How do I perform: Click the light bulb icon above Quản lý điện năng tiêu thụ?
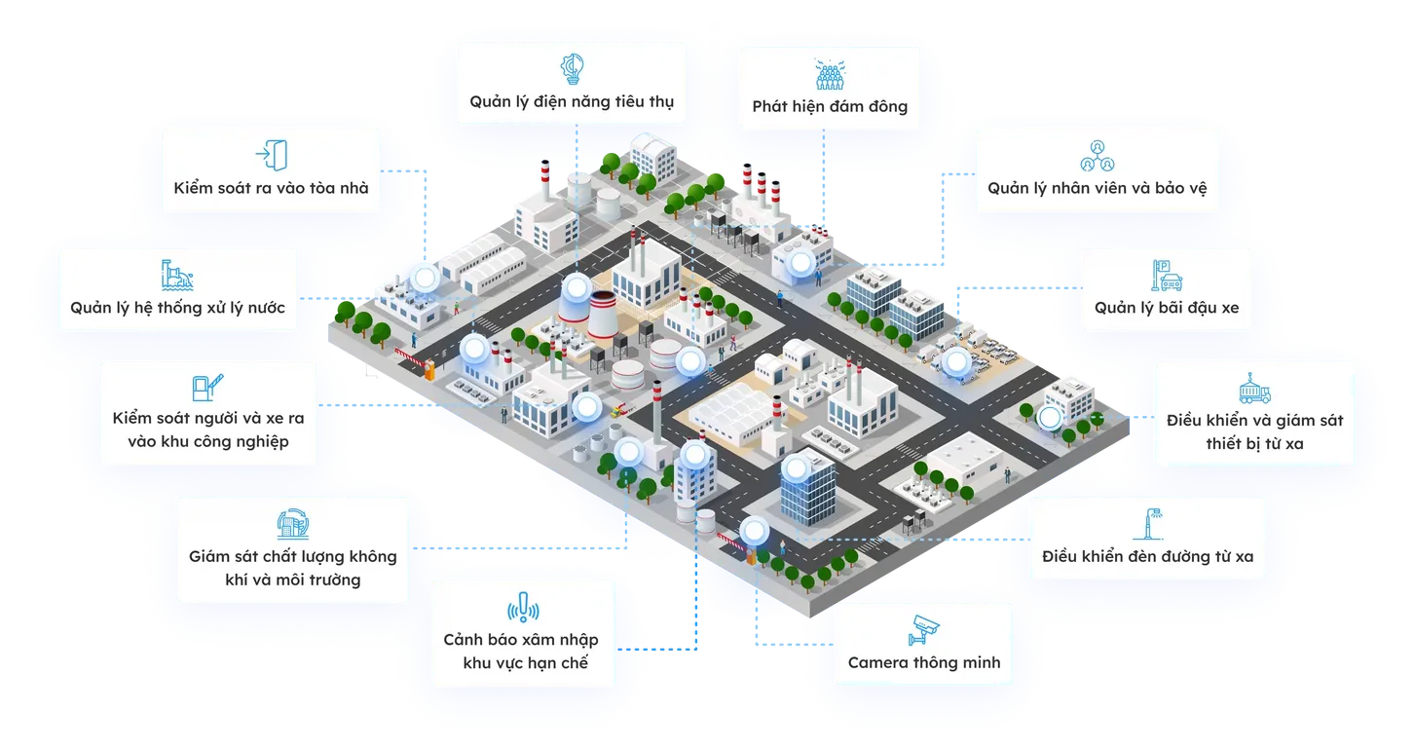[x=572, y=67]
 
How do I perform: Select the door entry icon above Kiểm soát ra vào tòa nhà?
[x=272, y=155]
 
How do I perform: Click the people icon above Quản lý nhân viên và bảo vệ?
[x=1097, y=154]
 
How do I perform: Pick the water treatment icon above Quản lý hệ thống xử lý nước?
[x=177, y=275]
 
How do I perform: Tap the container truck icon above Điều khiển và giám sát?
[x=1253, y=387]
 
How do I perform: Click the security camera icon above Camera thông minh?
[x=923, y=629]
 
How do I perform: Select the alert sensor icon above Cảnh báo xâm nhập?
[x=522, y=608]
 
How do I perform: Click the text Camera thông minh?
[x=923, y=663]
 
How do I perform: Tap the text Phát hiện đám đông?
[x=829, y=107]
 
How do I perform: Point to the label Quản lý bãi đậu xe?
[x=1166, y=308]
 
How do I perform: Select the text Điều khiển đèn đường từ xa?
[x=1147, y=558]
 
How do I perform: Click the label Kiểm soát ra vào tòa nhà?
[x=272, y=188]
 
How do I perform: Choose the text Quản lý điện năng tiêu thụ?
[x=572, y=101]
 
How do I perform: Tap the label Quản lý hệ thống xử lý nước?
[x=177, y=308]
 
